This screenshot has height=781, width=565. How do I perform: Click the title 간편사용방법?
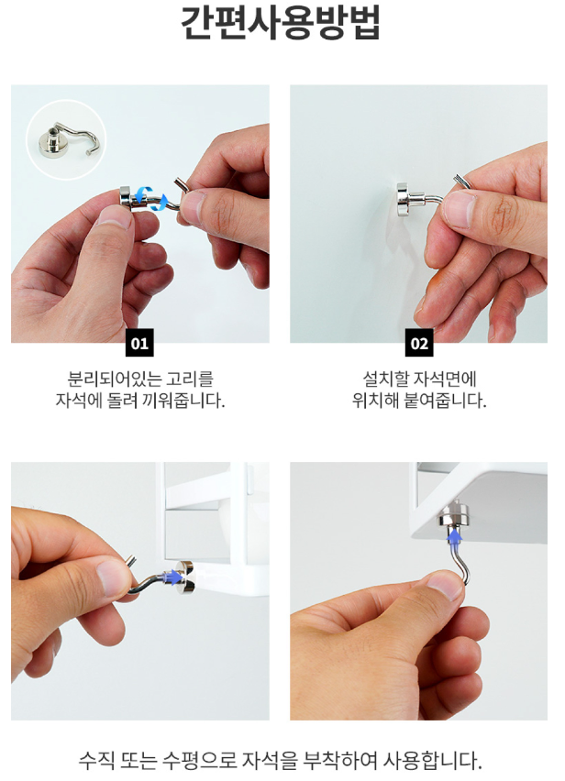pyautogui.click(x=281, y=23)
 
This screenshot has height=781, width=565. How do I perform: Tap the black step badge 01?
pyautogui.click(x=139, y=343)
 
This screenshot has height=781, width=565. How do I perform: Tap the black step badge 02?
pyautogui.click(x=419, y=343)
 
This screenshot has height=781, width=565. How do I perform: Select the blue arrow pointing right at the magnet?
pyautogui.click(x=172, y=577)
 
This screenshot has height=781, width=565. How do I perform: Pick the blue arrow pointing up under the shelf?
pyautogui.click(x=453, y=536)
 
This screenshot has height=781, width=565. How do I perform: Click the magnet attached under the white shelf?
pyautogui.click(x=454, y=515)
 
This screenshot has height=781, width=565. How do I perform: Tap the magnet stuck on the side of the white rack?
pyautogui.click(x=184, y=577)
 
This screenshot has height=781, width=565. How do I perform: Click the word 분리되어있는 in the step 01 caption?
pyautogui.click(x=108, y=379)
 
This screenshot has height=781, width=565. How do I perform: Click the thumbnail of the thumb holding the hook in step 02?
pyautogui.click(x=459, y=209)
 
